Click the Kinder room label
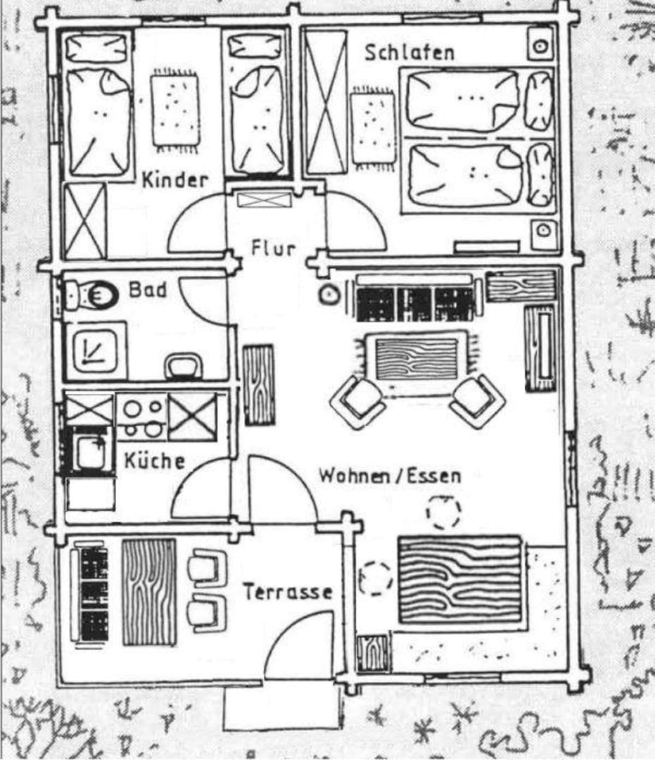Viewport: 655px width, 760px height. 174,179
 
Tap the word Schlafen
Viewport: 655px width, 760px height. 409,52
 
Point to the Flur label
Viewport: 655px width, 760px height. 273,248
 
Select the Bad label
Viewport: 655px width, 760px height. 148,289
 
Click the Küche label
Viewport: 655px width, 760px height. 154,461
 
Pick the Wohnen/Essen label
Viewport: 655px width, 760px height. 390,475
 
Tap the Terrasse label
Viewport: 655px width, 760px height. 288,592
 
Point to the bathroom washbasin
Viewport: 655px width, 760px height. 184,366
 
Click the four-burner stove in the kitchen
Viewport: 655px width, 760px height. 141,417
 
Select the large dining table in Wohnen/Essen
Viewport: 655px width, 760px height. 460,580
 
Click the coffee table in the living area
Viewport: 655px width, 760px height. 416,358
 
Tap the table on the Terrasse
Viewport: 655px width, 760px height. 149,592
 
